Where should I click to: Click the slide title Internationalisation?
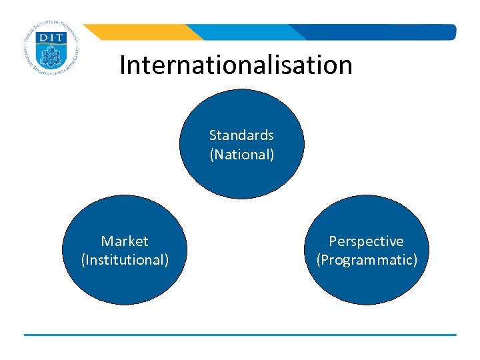point(235,65)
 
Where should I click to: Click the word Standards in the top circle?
point(241,135)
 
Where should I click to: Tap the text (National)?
point(241,155)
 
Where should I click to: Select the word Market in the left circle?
point(125,241)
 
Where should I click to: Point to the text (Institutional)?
point(125,259)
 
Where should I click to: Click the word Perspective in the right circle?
point(366,241)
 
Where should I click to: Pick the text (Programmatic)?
point(367,259)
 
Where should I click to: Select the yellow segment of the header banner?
point(140,32)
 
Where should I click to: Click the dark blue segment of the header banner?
point(387,32)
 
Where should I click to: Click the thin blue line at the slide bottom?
point(240,335)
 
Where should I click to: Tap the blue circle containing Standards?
point(241,177)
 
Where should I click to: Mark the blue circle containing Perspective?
point(366,283)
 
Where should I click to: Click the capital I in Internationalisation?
point(123,65)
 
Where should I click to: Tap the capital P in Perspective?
point(333,241)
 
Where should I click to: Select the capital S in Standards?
point(213,135)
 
